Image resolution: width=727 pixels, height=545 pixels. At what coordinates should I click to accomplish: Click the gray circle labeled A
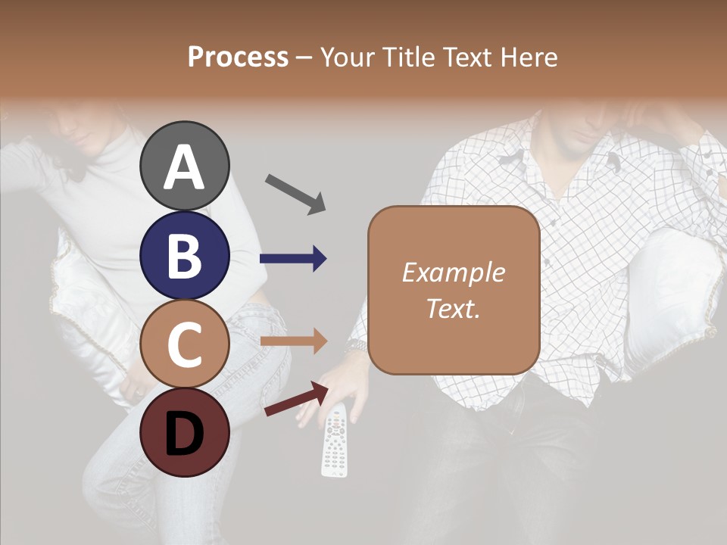(x=184, y=166)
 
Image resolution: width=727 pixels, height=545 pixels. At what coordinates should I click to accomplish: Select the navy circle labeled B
(x=184, y=255)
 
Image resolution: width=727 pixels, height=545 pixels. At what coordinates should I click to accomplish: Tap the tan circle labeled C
(x=184, y=344)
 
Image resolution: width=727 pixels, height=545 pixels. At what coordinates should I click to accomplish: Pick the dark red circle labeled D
(x=184, y=432)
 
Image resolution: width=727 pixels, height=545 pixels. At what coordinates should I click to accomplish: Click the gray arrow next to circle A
(x=295, y=194)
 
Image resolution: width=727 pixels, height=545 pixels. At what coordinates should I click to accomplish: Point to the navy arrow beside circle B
(x=294, y=259)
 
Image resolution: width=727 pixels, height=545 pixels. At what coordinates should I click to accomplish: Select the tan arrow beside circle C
(x=294, y=341)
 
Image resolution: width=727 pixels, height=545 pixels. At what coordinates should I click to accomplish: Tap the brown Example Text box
(x=454, y=290)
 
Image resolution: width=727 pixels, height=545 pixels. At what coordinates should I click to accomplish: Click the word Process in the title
(x=238, y=58)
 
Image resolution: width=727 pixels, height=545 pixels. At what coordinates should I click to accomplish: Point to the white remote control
(x=334, y=441)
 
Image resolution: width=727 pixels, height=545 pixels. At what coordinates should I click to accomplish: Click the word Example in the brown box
(x=454, y=272)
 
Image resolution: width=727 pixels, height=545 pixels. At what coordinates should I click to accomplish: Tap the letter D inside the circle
(x=184, y=434)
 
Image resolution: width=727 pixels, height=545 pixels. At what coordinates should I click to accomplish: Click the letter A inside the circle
(x=184, y=167)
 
